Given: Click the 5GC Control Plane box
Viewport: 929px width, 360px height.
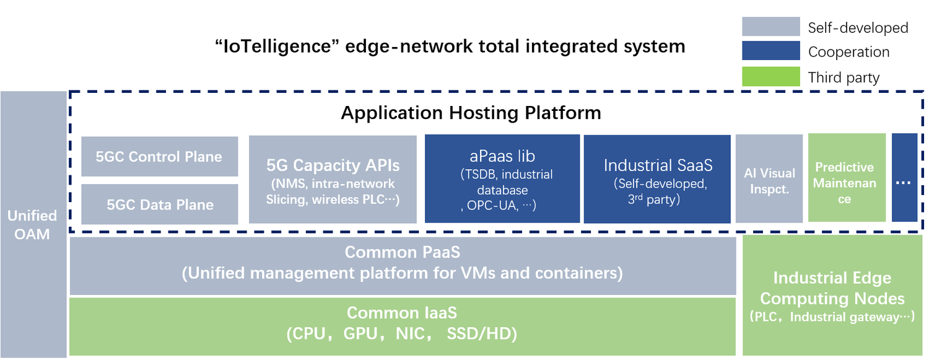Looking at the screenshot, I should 159,156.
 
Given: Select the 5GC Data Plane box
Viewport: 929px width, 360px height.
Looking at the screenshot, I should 159,204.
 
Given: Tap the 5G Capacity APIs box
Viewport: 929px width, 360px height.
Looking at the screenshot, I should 333,179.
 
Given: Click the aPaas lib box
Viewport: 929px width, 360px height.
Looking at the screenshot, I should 502,178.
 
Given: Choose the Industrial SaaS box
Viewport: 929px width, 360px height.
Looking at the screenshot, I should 657,178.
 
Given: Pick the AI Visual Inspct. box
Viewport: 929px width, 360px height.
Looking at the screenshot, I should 769,178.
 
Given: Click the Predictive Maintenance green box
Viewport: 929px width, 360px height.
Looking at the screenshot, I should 846,178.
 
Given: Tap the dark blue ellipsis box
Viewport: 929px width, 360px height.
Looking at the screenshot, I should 904,178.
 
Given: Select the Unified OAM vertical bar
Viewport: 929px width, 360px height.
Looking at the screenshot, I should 33,224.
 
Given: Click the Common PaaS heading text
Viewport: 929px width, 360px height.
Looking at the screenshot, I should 402,252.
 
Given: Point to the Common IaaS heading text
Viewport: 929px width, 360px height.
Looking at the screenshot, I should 402,313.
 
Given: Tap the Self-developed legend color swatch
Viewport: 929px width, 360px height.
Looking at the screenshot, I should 770,27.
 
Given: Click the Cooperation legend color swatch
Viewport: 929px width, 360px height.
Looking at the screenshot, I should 770,51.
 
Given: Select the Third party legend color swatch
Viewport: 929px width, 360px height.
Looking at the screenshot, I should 770,77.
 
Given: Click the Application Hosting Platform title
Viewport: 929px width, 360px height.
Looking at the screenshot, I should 471,113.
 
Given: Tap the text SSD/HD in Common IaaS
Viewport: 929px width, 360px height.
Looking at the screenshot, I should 481,334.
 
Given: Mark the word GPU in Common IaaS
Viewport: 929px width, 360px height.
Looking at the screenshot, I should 360,334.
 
